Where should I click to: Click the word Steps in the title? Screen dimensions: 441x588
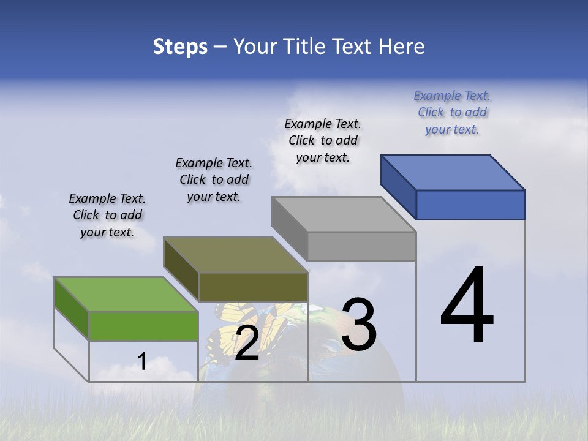[x=180, y=47]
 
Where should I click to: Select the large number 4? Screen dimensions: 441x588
[x=467, y=306]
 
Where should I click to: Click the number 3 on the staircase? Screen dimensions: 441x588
[x=359, y=325]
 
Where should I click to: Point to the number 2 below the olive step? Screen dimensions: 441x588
[x=247, y=343]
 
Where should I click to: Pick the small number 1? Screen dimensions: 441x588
[x=142, y=361]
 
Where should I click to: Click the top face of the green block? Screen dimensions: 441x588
[x=126, y=294]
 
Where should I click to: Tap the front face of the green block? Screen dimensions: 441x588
[x=143, y=326]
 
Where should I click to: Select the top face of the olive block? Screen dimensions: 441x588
[x=235, y=255]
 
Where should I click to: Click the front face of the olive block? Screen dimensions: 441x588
[x=253, y=287]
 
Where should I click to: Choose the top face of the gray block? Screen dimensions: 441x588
[x=344, y=214]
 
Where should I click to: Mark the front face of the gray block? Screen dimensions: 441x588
[x=361, y=247]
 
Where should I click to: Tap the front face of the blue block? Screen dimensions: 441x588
[x=470, y=205]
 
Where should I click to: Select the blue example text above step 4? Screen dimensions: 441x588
[x=452, y=112]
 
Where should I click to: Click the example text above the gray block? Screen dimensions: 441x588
[x=323, y=140]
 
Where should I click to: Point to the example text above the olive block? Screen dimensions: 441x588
[x=214, y=179]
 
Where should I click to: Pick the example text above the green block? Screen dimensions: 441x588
[x=107, y=215]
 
